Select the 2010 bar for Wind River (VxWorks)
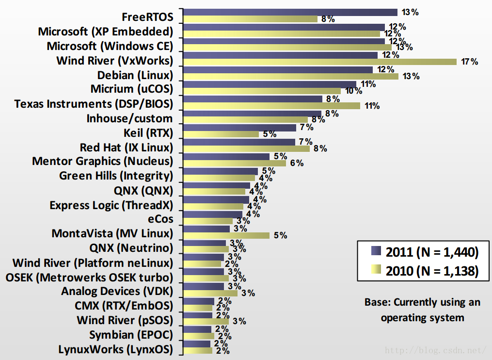click(320, 62)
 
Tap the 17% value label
click(470, 62)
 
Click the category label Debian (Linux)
click(135, 75)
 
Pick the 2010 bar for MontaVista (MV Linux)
click(227, 236)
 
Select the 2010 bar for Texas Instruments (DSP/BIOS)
click(272, 106)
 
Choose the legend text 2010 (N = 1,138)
click(432, 271)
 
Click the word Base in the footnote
click(377, 302)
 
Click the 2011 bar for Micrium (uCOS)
click(270, 84)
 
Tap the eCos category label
click(160, 219)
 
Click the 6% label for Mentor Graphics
click(297, 164)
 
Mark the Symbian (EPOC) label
click(131, 335)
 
